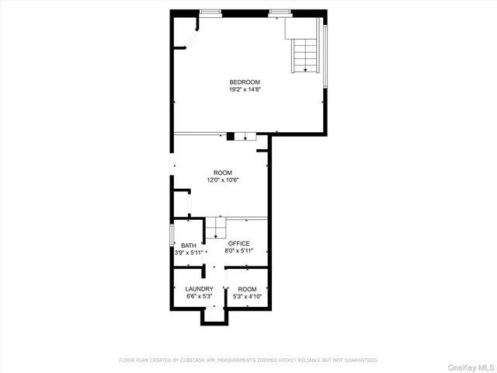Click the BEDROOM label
tap(244, 82)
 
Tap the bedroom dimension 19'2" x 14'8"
tap(244, 89)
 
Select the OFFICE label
tap(238, 243)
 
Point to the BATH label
tap(178, 246)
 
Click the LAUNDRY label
tap(199, 289)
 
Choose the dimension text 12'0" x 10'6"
tap(223, 180)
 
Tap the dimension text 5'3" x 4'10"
tap(247, 296)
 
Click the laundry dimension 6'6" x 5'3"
tap(199, 296)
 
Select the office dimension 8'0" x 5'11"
tap(238, 251)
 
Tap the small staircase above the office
tap(215, 227)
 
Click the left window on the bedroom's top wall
tap(210, 12)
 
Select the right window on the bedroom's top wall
tap(280, 12)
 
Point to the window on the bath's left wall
tap(171, 235)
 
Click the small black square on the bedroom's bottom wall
tap(230, 138)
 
